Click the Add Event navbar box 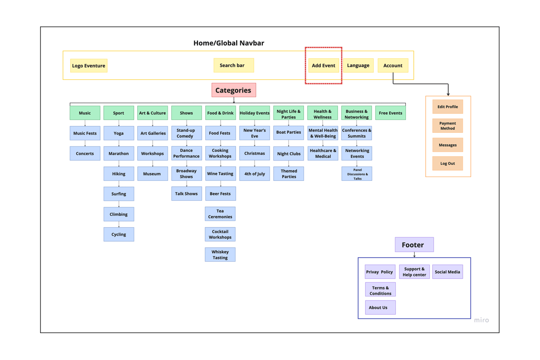point(323,65)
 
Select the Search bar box point(233,65)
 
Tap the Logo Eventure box point(89,66)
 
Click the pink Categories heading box point(233,90)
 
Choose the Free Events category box point(390,113)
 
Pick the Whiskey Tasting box point(220,255)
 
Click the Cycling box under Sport point(119,234)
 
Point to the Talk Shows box point(187,194)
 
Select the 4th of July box point(255,174)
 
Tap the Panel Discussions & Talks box point(357,174)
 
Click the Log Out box point(448,164)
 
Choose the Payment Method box point(448,126)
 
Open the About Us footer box point(380,307)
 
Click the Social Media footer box point(448,272)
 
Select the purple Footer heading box point(414,245)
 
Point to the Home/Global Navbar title point(229,43)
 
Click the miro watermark point(481,320)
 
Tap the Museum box point(153,174)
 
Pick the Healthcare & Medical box point(323,154)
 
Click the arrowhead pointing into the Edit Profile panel point(448,94)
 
